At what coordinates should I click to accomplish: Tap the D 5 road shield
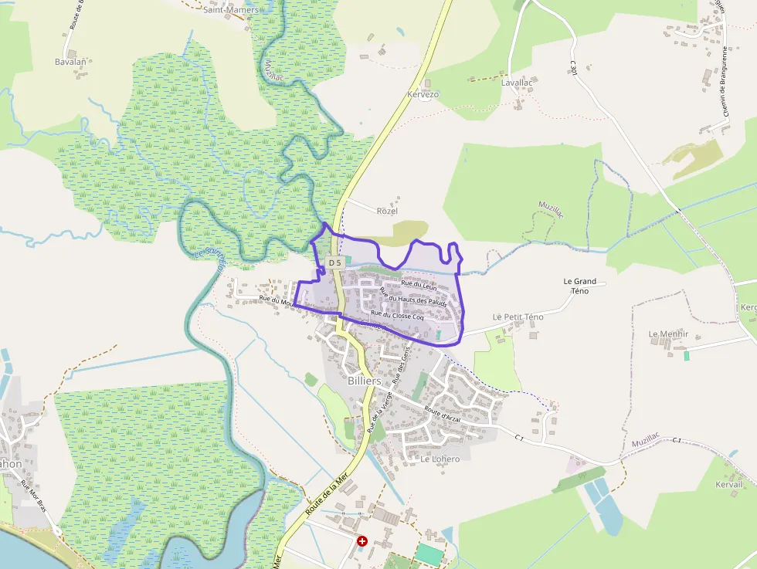(334, 262)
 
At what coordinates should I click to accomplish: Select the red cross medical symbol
(362, 542)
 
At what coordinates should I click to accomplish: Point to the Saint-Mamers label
(230, 10)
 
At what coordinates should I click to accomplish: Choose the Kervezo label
(423, 94)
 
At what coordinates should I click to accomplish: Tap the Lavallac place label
(517, 82)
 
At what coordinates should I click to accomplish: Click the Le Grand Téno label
(579, 286)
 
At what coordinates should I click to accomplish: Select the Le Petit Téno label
(518, 317)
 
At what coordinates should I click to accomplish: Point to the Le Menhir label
(668, 334)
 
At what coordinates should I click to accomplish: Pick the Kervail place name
(729, 484)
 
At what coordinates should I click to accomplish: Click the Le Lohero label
(440, 459)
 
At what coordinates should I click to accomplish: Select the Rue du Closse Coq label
(397, 315)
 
